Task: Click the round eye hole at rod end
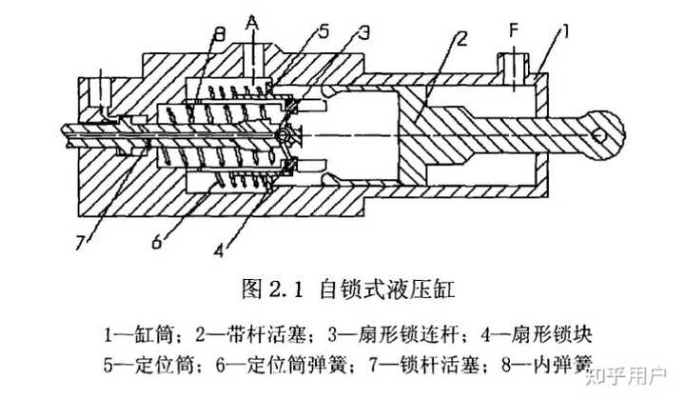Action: [600, 134]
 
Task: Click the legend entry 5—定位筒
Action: [147, 364]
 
